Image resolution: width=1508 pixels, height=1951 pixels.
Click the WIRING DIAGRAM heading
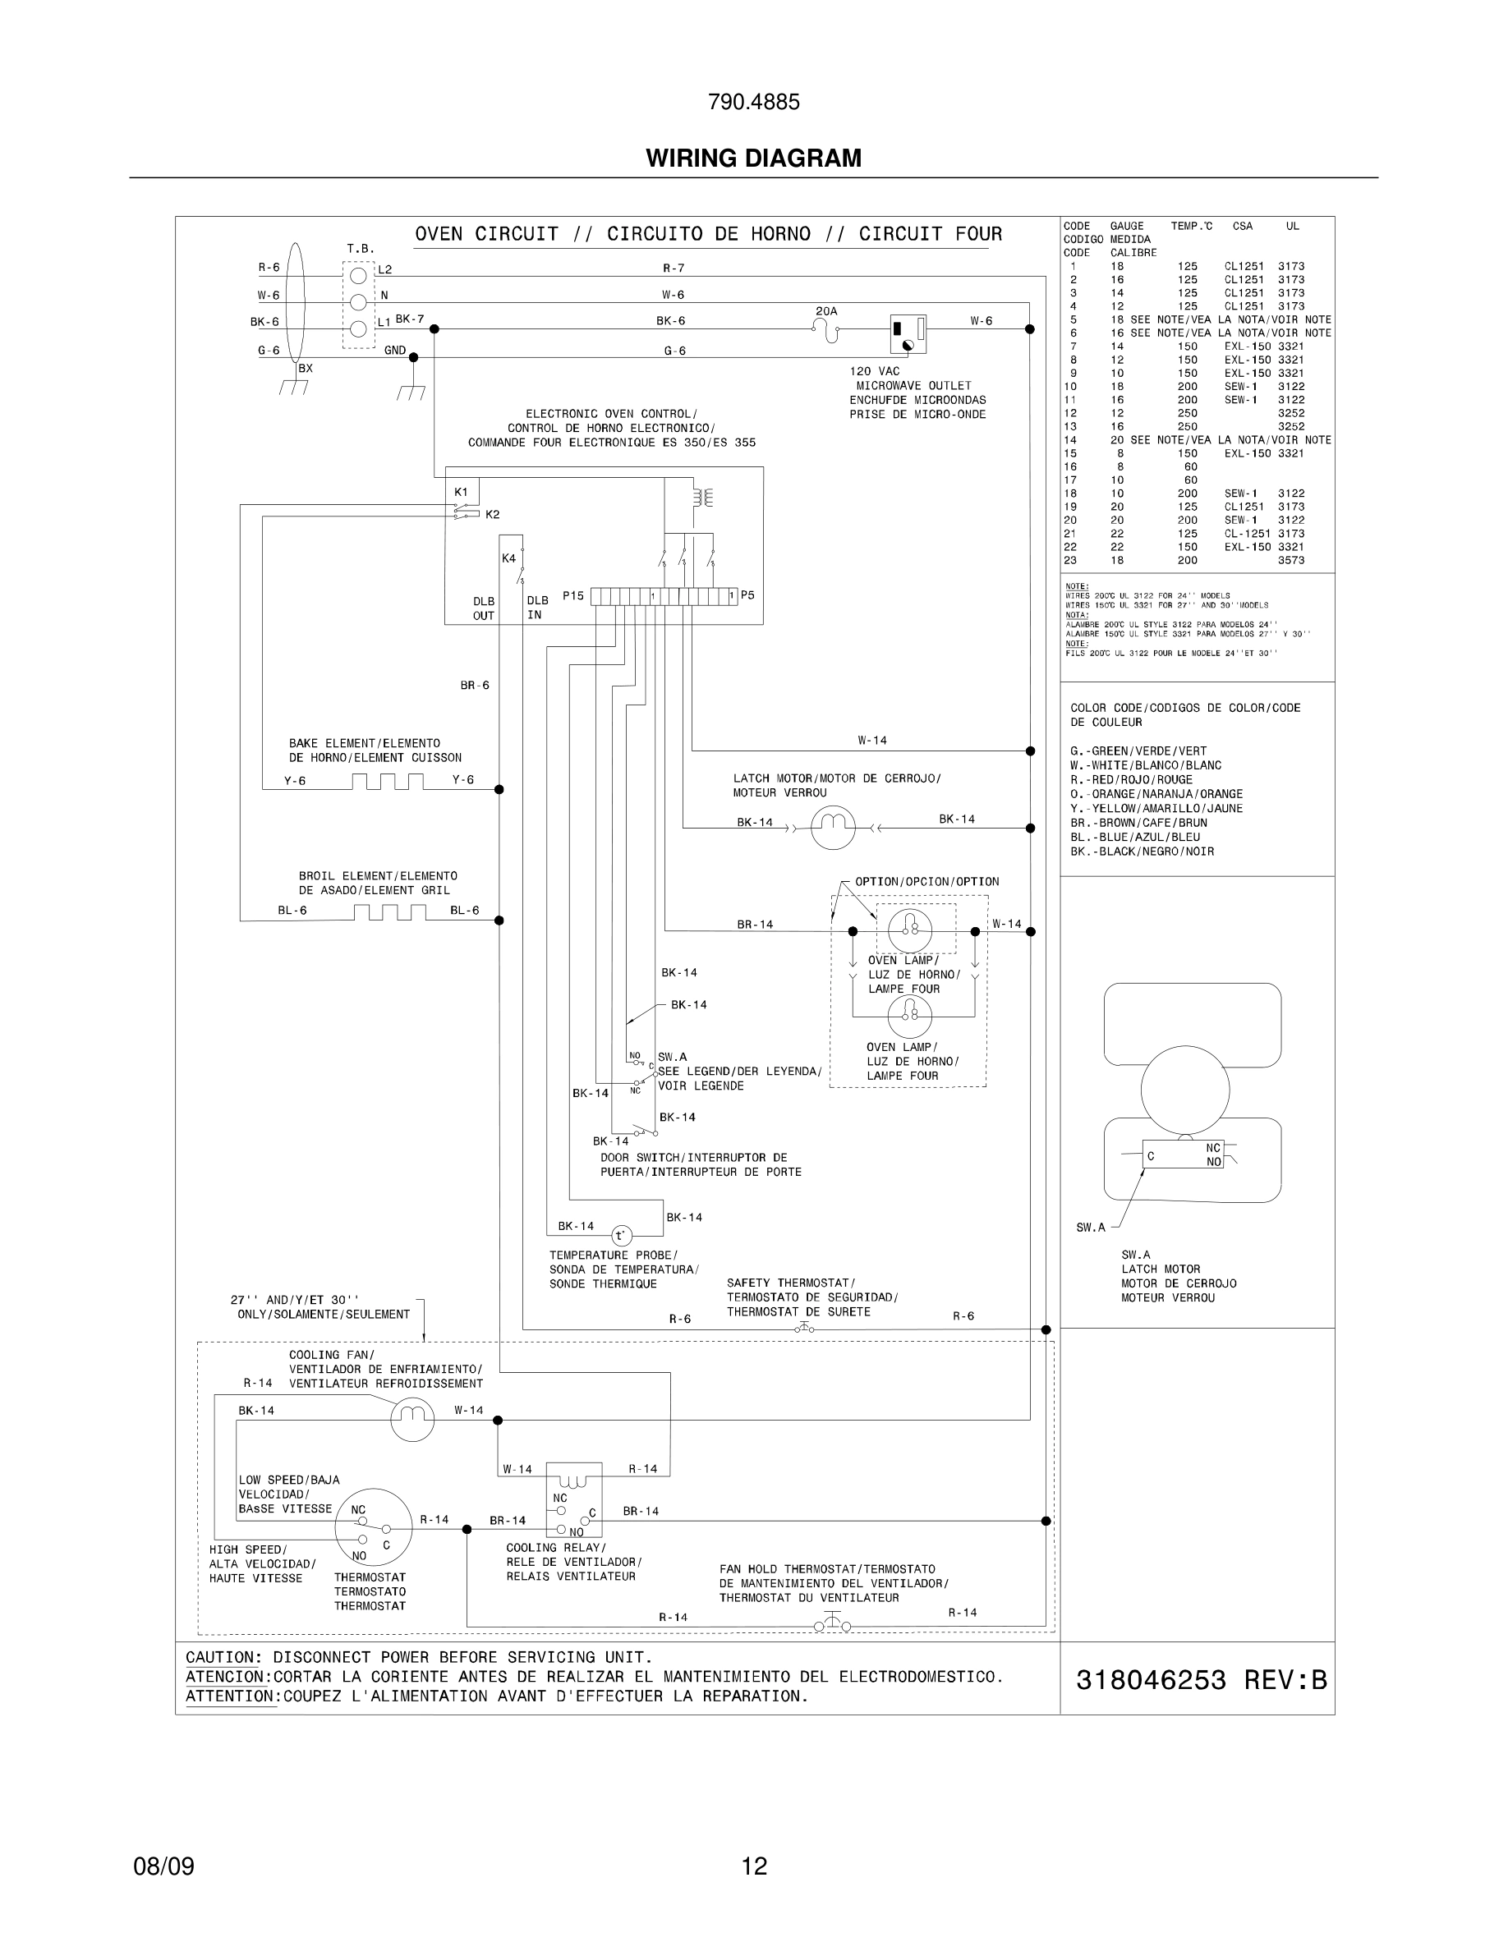tap(753, 158)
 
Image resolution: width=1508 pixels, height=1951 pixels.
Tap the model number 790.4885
tap(753, 102)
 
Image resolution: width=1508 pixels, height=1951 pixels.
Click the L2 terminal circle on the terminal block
tap(358, 275)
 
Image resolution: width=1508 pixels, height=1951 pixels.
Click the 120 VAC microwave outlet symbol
tap(908, 335)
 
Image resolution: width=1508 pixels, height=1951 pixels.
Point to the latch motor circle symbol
tap(833, 827)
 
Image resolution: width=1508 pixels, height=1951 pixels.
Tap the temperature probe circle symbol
tap(621, 1237)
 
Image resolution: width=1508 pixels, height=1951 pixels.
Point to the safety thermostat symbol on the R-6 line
tap(804, 1329)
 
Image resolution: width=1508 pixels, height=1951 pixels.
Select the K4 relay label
tap(508, 558)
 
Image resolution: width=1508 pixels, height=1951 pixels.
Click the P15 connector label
tap(572, 595)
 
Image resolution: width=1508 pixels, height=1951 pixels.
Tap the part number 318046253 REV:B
tap(1201, 1680)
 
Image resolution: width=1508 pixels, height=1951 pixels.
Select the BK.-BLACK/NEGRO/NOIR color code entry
tap(1142, 852)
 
